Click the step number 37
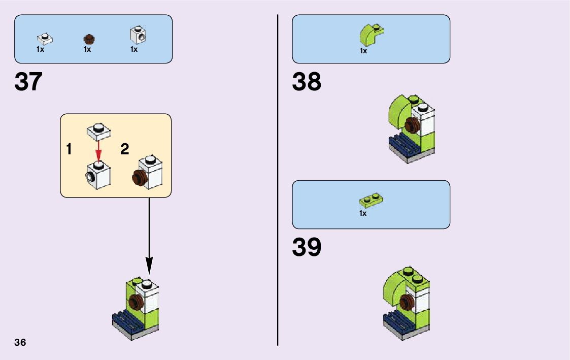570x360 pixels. coord(28,82)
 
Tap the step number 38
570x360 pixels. coord(307,82)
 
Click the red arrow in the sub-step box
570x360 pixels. coord(98,150)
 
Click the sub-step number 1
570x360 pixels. coord(69,150)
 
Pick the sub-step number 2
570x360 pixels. coord(125,149)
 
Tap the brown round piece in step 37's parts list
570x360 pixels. coord(89,39)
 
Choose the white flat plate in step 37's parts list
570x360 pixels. coord(45,38)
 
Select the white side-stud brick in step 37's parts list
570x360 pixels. coord(137,34)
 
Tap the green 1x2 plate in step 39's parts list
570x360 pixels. coord(371,200)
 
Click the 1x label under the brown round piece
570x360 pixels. coord(87,50)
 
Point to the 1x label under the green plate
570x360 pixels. coord(363,214)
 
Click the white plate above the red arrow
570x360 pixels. coord(99,131)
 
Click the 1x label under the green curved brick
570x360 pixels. coord(363,51)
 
